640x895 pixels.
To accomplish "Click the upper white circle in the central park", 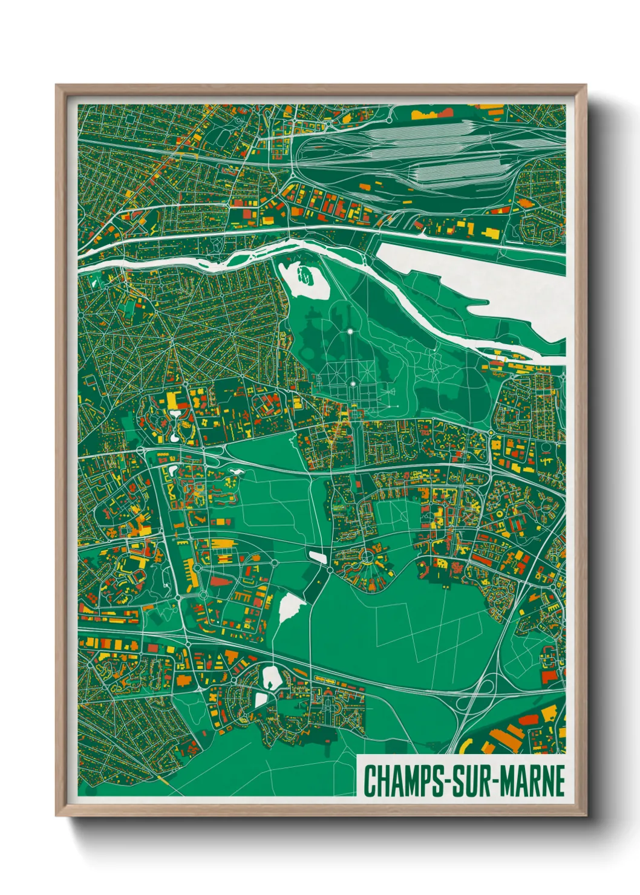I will [x=350, y=331].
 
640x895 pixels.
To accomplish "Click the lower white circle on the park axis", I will [x=351, y=383].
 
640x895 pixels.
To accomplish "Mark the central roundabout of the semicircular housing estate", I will [x=367, y=556].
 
